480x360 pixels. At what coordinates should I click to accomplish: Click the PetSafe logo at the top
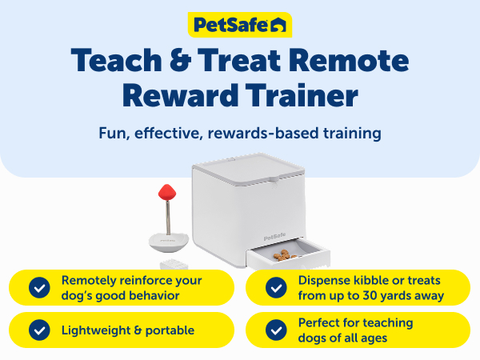[x=239, y=25]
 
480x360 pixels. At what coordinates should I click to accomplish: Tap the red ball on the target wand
[x=166, y=194]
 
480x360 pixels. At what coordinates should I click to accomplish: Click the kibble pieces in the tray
[x=282, y=255]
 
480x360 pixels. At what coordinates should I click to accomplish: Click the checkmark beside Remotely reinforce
[x=38, y=288]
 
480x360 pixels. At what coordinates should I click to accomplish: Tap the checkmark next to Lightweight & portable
[x=38, y=330]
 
